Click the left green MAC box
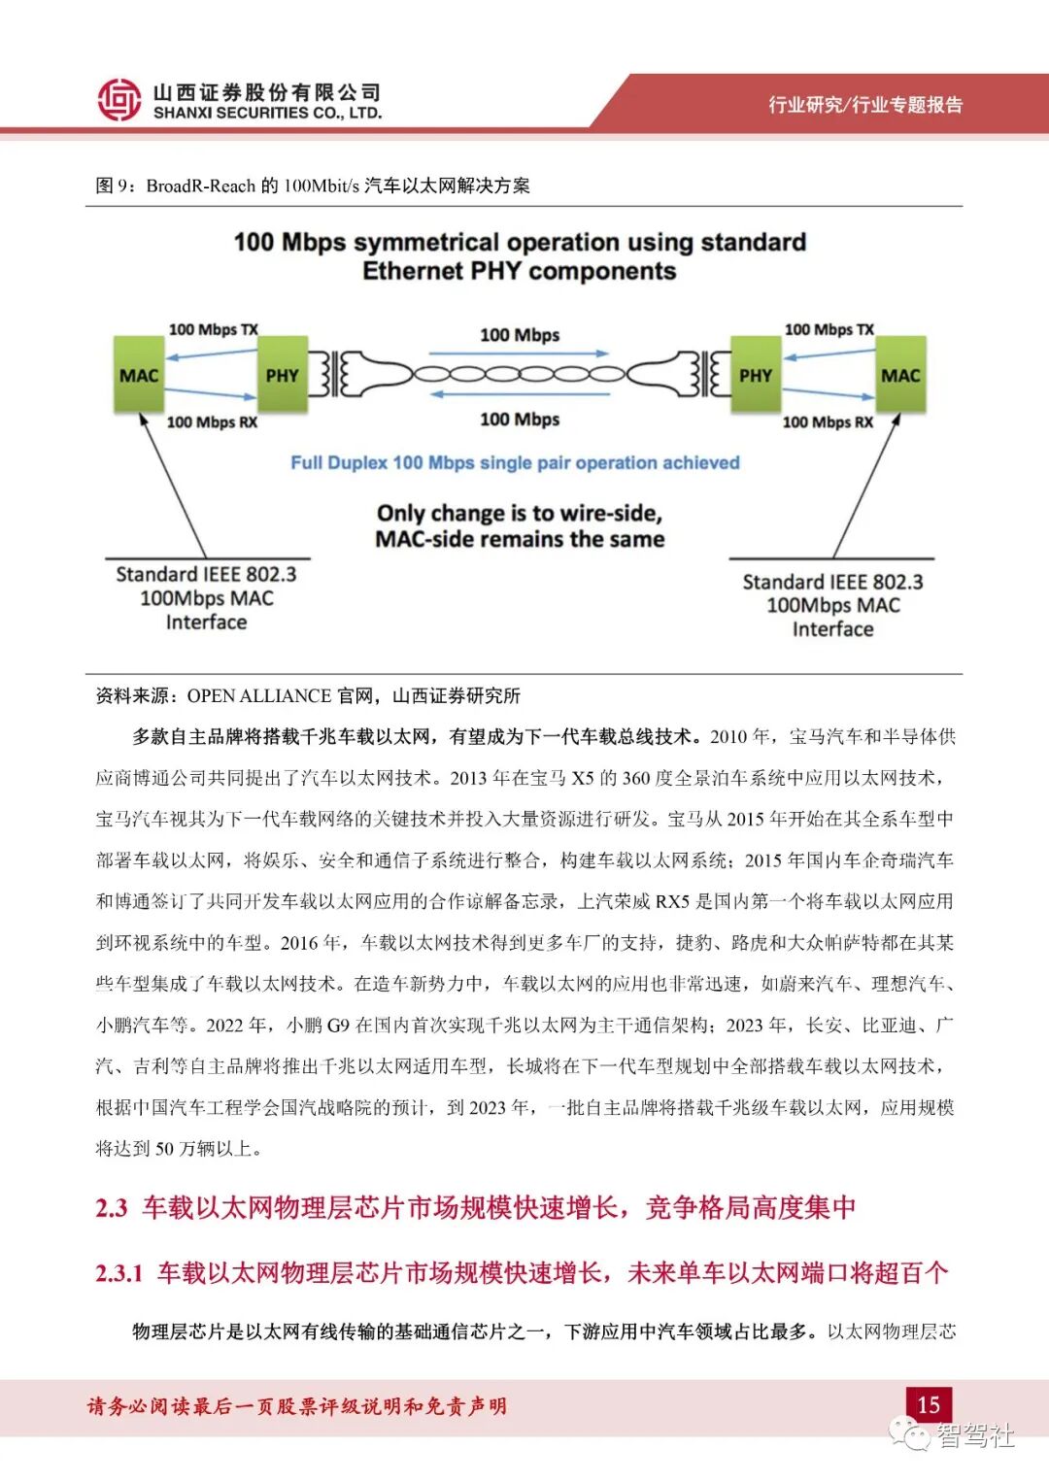(x=139, y=376)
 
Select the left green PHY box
(x=282, y=376)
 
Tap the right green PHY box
(x=756, y=376)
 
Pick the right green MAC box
(x=899, y=376)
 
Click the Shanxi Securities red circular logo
(x=119, y=100)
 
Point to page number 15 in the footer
(x=928, y=1404)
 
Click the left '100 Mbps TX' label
(x=213, y=329)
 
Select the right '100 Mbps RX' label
(x=828, y=421)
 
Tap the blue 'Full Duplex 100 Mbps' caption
(x=515, y=462)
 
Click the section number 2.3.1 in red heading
(x=118, y=1272)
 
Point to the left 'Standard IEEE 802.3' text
(x=206, y=574)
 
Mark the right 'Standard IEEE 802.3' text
(x=832, y=582)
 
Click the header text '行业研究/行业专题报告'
(x=865, y=105)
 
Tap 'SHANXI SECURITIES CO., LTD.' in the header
(x=267, y=114)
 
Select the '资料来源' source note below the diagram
(x=135, y=695)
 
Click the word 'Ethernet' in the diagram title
(x=413, y=271)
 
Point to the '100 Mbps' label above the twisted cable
(x=520, y=335)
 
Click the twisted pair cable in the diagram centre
(x=520, y=374)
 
